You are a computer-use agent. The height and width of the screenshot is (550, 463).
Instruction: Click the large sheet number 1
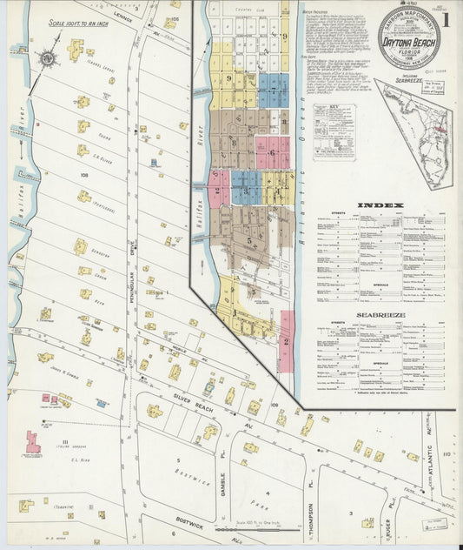[x=445, y=19]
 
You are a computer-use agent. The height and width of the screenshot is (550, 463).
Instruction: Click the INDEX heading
[x=379, y=206]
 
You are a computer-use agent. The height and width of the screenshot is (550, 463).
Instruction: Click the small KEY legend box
[x=327, y=131]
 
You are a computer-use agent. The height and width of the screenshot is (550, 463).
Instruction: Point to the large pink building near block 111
[x=33, y=441]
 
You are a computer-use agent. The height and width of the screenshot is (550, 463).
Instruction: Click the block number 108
[x=84, y=175]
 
